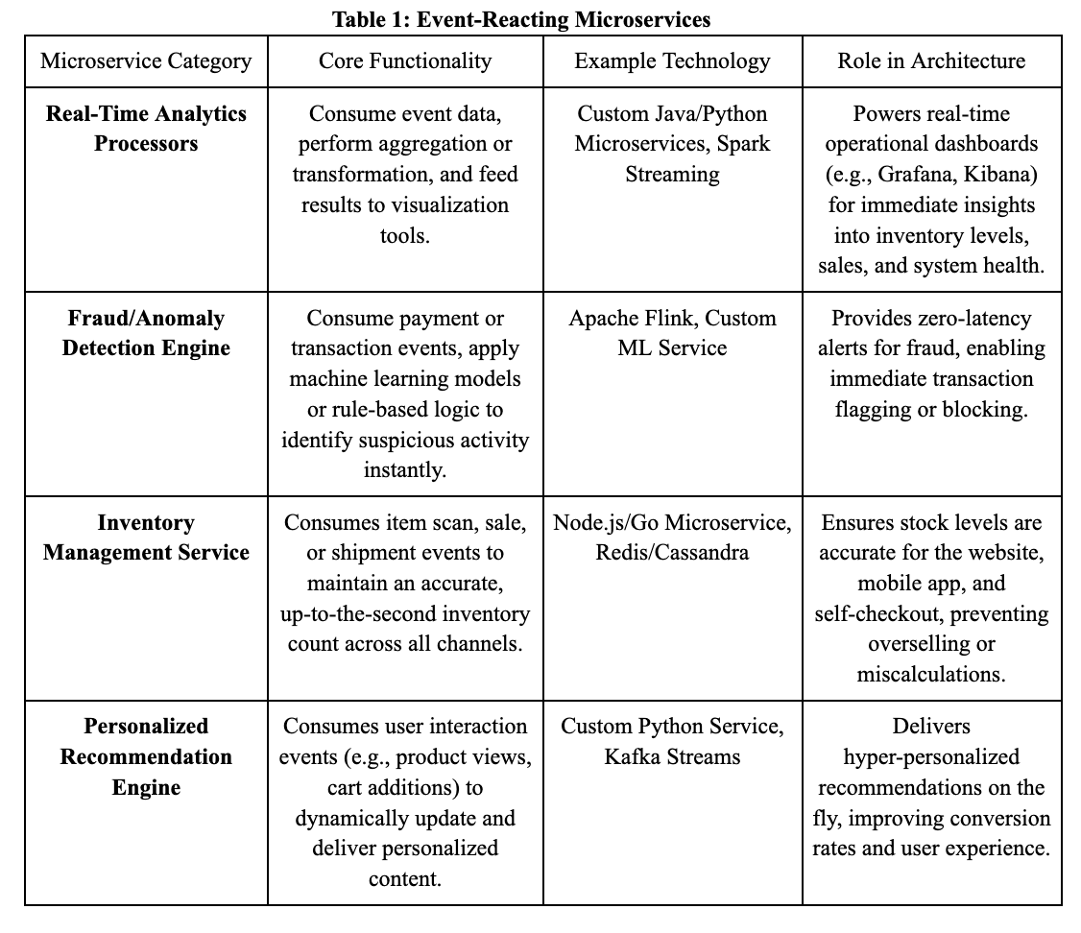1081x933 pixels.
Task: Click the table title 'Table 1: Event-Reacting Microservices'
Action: point(521,18)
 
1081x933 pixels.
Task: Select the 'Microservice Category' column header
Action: point(146,61)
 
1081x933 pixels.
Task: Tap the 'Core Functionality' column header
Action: point(405,61)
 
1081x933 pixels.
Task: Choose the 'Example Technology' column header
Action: point(672,61)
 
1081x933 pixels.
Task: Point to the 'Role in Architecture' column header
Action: point(931,61)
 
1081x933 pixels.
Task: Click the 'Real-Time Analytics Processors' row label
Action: point(146,129)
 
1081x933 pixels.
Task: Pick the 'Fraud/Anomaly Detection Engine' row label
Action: point(146,333)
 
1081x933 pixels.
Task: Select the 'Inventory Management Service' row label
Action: point(146,538)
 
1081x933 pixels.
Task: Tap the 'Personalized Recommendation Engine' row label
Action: point(146,756)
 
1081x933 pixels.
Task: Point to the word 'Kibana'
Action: point(1001,175)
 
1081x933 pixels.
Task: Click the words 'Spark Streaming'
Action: point(672,159)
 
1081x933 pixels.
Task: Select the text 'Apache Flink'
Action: point(630,318)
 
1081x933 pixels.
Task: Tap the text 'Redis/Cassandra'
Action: point(672,553)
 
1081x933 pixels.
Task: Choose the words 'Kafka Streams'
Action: point(672,756)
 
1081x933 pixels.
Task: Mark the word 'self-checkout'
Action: point(873,613)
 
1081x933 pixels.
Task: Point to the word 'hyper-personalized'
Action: point(931,756)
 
